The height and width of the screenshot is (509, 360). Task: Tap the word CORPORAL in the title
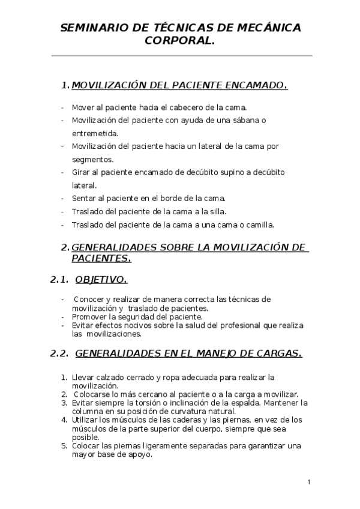pos(178,40)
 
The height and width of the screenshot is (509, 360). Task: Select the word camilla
pos(258,225)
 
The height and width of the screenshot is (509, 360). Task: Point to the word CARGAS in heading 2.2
pos(280,354)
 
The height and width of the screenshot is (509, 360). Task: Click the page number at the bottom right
pos(308,482)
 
